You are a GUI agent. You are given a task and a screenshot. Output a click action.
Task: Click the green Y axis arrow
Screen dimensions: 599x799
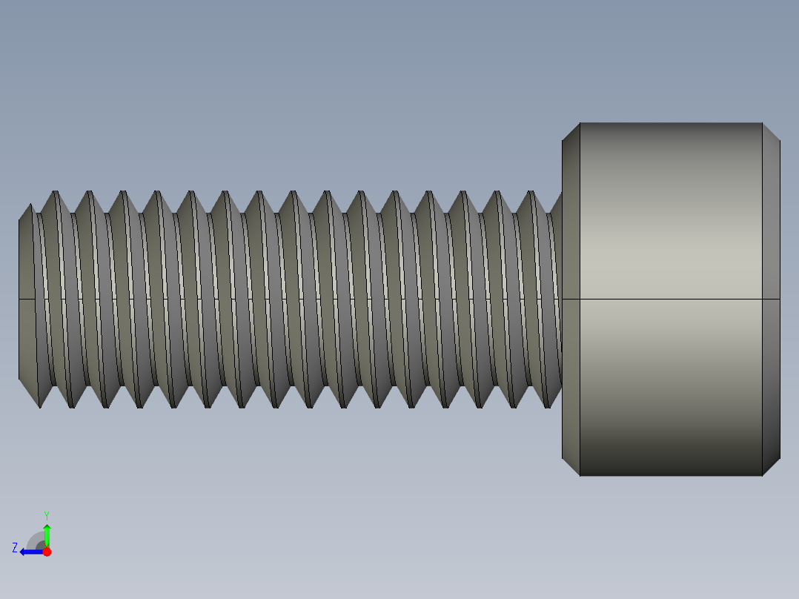point(47,534)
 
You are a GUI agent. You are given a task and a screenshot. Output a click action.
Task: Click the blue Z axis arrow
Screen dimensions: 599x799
point(30,552)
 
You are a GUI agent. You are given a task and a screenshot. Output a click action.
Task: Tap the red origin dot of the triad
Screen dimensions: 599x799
point(47,552)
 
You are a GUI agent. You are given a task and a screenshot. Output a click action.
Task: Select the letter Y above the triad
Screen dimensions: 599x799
point(47,514)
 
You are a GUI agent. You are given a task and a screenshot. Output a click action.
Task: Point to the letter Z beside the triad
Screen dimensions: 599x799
point(15,548)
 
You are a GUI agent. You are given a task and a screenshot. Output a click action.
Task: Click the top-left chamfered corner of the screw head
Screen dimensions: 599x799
point(571,132)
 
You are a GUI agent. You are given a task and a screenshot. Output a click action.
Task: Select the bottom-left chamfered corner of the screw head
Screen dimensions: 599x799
point(571,466)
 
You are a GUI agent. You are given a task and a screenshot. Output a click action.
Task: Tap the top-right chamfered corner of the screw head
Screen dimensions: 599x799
point(771,132)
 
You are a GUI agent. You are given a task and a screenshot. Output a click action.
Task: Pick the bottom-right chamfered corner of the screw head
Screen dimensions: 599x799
point(771,466)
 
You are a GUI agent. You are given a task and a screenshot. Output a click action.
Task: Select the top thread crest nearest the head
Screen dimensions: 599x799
point(531,192)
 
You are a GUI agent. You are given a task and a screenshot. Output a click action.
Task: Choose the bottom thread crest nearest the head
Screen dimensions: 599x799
point(548,407)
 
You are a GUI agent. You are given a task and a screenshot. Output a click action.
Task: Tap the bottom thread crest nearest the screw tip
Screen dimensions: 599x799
point(39,407)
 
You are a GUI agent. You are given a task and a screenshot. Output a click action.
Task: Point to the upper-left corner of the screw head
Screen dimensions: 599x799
point(580,123)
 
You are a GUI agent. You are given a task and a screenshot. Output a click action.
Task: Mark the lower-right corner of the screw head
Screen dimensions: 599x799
point(762,475)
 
